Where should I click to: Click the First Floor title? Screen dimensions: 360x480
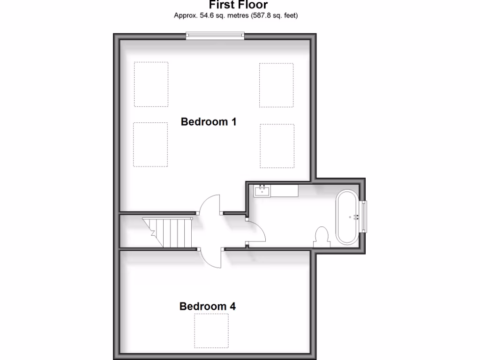(238, 5)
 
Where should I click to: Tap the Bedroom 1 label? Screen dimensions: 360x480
(209, 122)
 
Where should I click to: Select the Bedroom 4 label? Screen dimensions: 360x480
(208, 307)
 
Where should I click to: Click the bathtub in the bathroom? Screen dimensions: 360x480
(347, 217)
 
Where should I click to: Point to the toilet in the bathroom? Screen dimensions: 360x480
(322, 236)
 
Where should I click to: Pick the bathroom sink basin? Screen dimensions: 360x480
(262, 191)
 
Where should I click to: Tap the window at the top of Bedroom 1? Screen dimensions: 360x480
(215, 35)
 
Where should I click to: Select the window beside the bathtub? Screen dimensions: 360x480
(363, 217)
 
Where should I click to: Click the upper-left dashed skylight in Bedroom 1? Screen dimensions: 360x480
(151, 84)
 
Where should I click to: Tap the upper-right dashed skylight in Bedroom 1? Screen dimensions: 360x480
(277, 85)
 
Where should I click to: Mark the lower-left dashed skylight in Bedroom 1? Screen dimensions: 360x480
(150, 144)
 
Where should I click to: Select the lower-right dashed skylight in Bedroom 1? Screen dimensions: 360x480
(277, 145)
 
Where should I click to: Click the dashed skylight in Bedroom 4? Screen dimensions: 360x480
(211, 330)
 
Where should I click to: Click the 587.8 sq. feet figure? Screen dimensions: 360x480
(272, 15)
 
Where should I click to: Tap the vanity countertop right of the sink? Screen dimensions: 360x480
(284, 191)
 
